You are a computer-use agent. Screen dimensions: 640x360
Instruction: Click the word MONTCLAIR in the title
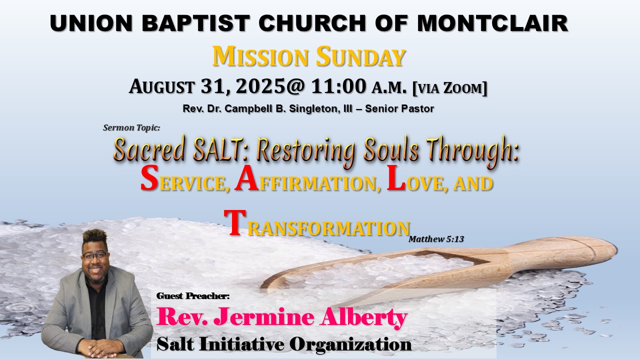coord(492,23)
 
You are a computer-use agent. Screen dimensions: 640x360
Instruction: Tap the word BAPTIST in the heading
coord(195,23)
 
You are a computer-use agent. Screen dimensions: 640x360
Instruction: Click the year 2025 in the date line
coord(260,86)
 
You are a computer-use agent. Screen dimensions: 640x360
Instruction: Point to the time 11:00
coord(338,86)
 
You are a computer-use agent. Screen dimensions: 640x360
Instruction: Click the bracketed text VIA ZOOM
coord(450,87)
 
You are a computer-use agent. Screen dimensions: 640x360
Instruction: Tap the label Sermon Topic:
coord(131,127)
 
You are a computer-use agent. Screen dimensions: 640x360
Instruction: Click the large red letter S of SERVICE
coord(149,178)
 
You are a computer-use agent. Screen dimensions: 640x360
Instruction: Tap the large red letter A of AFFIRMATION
coord(246,178)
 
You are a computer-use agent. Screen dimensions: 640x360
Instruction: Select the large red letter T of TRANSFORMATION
coord(235,222)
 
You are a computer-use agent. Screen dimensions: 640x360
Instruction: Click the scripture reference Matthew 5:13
coord(436,239)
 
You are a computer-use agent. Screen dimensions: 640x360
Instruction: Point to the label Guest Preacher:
coord(193,296)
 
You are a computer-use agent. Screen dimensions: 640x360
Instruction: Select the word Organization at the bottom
coord(350,345)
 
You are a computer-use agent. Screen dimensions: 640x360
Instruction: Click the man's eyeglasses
coord(94,255)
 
